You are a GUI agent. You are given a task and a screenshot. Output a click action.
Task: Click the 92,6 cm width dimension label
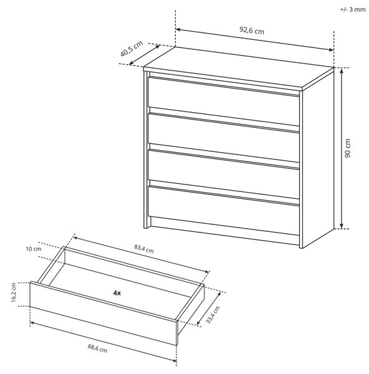pyautogui.click(x=252, y=31)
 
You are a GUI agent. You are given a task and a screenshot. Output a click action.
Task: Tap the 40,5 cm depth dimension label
pyautogui.click(x=131, y=49)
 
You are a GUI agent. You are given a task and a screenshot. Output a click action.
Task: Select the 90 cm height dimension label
pyautogui.click(x=348, y=148)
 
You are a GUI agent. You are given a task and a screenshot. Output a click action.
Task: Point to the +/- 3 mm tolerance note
pyautogui.click(x=353, y=9)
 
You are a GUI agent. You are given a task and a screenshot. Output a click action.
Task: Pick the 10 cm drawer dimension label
pyautogui.click(x=34, y=249)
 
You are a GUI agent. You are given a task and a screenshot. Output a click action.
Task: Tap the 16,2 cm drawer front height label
pyautogui.click(x=14, y=293)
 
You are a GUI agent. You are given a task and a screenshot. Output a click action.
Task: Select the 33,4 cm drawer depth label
pyautogui.click(x=213, y=315)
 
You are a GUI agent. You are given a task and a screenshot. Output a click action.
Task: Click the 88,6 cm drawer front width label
pyautogui.click(x=97, y=348)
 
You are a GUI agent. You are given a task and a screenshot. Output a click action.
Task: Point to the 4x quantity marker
pyautogui.click(x=117, y=293)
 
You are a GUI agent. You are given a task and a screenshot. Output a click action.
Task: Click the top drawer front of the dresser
pyautogui.click(x=224, y=101)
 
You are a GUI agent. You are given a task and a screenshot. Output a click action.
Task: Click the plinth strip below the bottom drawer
pyautogui.click(x=224, y=231)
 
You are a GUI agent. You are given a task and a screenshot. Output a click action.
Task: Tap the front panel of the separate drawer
pyautogui.click(x=103, y=313)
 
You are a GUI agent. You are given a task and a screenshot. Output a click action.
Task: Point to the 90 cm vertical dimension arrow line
pyautogui.click(x=342, y=148)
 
